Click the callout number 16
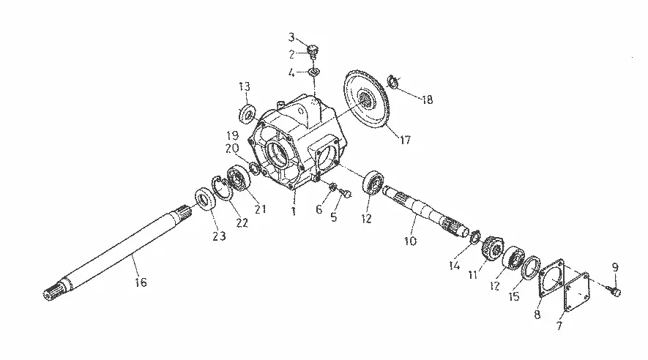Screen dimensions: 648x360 [141, 282]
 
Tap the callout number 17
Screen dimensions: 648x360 [406, 140]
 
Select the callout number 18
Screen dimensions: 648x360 [427, 100]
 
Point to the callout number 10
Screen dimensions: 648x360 [410, 241]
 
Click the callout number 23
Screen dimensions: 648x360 [219, 236]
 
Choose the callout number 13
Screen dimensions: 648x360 [245, 86]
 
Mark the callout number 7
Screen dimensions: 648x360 [559, 326]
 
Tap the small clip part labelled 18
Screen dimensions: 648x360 [392, 81]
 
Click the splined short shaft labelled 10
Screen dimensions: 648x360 [425, 213]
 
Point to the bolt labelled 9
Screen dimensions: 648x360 [614, 291]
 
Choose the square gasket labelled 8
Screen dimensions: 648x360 [551, 278]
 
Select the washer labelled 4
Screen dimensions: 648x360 [315, 72]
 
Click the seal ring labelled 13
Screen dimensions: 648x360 [247, 113]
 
